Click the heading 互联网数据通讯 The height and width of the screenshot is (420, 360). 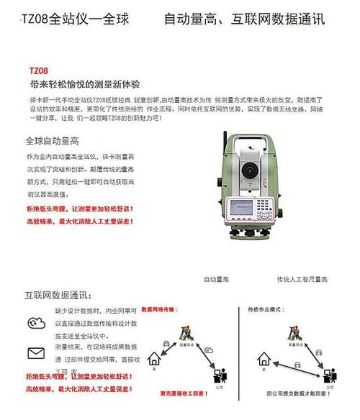point(58,295)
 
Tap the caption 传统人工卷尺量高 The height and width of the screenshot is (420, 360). point(302,278)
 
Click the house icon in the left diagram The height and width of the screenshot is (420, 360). point(153,357)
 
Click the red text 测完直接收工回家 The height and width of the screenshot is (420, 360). point(186,394)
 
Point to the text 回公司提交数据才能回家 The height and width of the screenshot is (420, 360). point(297,394)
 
